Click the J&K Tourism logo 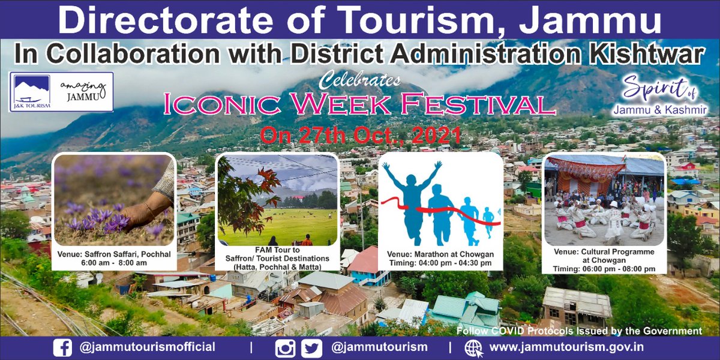tap(31, 92)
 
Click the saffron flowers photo tap(113, 199)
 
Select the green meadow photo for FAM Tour tap(277, 200)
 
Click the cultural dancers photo tap(604, 199)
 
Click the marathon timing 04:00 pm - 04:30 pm tap(440, 263)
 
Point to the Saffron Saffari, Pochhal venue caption tap(113, 254)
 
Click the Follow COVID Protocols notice tap(579, 331)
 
